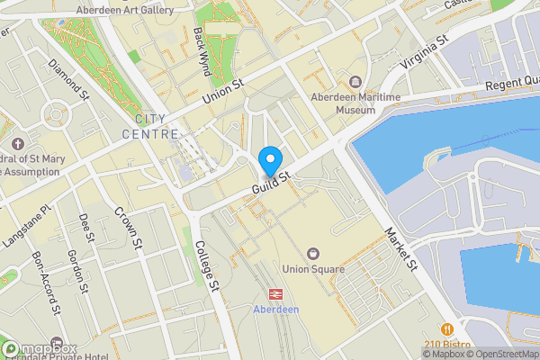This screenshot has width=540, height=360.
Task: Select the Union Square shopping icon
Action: pyautogui.click(x=313, y=255)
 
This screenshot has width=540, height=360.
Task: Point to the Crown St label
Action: pyautogui.click(x=129, y=229)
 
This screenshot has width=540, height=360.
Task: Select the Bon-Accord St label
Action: pyautogui.click(x=47, y=282)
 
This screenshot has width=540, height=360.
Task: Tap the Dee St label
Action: pyautogui.click(x=86, y=229)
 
